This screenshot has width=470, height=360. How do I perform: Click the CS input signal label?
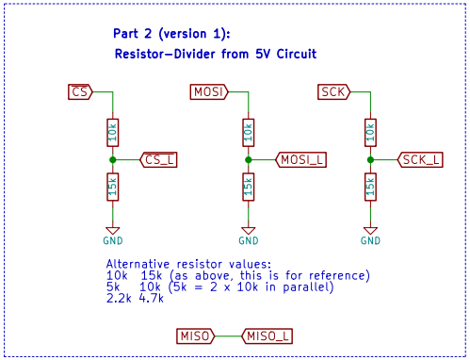coord(80,91)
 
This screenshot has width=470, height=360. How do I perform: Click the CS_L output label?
coord(158,160)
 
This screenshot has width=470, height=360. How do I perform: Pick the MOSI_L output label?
coord(301,160)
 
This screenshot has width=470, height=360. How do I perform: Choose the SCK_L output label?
coord(420,160)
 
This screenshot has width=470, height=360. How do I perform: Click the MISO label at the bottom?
coord(195,335)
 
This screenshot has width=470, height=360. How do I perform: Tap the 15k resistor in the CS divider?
coord(112,188)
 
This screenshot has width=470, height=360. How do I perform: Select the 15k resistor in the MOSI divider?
coord(248,188)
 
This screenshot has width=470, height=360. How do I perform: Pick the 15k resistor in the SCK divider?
coord(371,188)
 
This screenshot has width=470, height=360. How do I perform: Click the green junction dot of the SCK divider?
coord(371,160)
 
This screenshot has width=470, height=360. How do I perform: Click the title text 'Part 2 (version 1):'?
coord(170,35)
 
